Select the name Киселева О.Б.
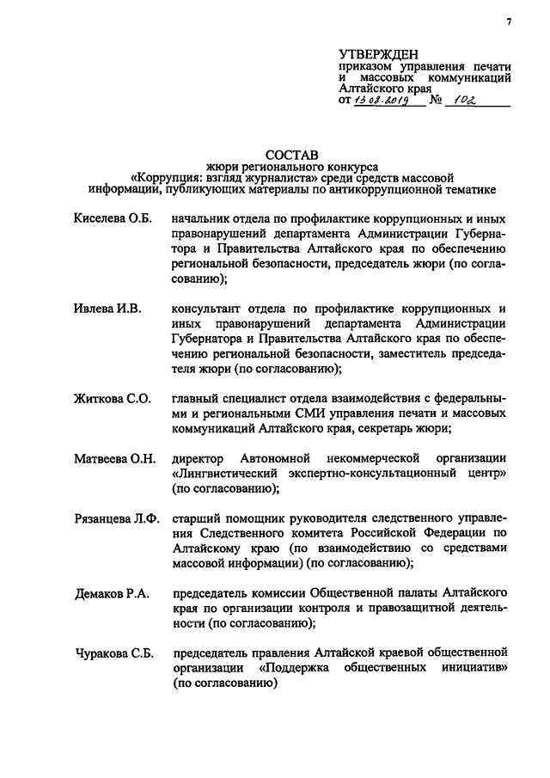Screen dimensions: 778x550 click(112, 220)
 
